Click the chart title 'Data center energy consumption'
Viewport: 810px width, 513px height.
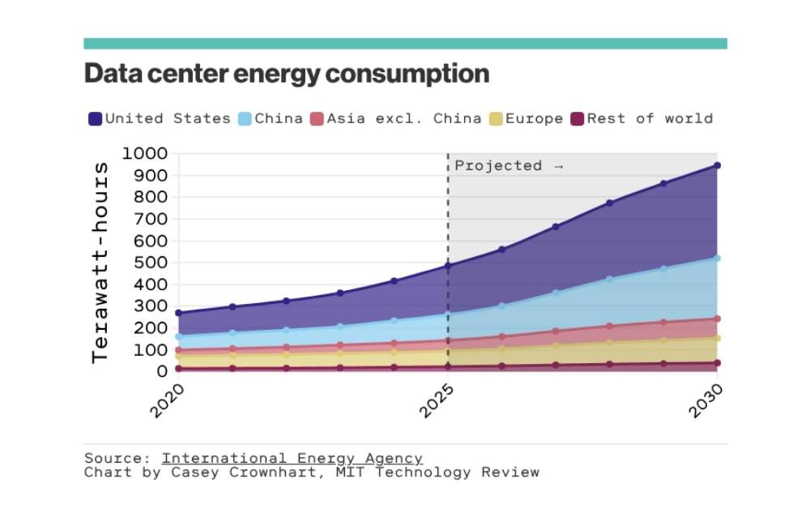[287, 74]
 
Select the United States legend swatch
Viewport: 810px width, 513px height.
[95, 119]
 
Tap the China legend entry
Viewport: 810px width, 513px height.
[275, 118]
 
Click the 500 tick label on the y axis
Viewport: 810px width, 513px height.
[149, 263]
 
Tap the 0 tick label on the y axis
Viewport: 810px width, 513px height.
[161, 371]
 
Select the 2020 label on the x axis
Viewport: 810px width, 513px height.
[167, 400]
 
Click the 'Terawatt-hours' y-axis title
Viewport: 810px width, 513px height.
[100, 262]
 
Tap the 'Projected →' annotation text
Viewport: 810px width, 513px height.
[509, 165]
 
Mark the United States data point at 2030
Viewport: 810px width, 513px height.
[717, 165]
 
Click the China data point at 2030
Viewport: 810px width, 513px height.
[717, 259]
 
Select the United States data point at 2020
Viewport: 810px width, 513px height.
[178, 313]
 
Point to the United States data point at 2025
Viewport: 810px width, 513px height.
[448, 265]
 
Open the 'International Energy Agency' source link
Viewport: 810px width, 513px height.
[292, 458]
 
